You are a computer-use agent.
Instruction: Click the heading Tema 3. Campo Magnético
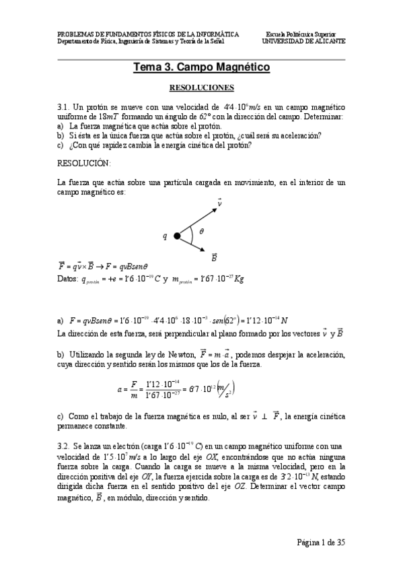coord(201,68)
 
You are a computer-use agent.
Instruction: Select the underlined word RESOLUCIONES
coord(201,88)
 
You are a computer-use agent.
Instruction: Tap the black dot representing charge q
coord(177,236)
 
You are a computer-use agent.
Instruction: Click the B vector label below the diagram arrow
coord(214,257)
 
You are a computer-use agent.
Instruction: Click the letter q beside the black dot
coord(164,236)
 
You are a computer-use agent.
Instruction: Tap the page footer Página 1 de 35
coord(320,542)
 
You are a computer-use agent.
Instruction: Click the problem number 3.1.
coord(64,107)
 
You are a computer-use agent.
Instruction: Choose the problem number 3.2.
coord(64,446)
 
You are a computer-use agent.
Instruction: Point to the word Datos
coord(68,279)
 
